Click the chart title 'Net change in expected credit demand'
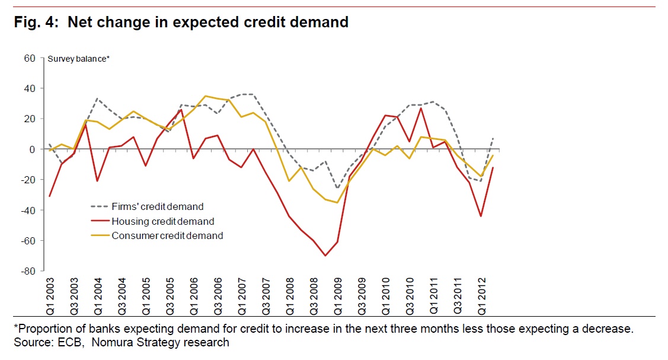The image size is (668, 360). [x=207, y=23]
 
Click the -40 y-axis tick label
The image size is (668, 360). [x=27, y=210]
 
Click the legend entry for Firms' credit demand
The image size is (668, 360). [x=157, y=207]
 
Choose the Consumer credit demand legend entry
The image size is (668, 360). [x=167, y=235]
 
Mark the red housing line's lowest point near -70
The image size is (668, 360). [x=325, y=256]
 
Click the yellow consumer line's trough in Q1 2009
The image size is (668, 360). [x=337, y=203]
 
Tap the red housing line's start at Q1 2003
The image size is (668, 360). [x=49, y=196]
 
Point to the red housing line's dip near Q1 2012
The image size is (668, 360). [x=481, y=216]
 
